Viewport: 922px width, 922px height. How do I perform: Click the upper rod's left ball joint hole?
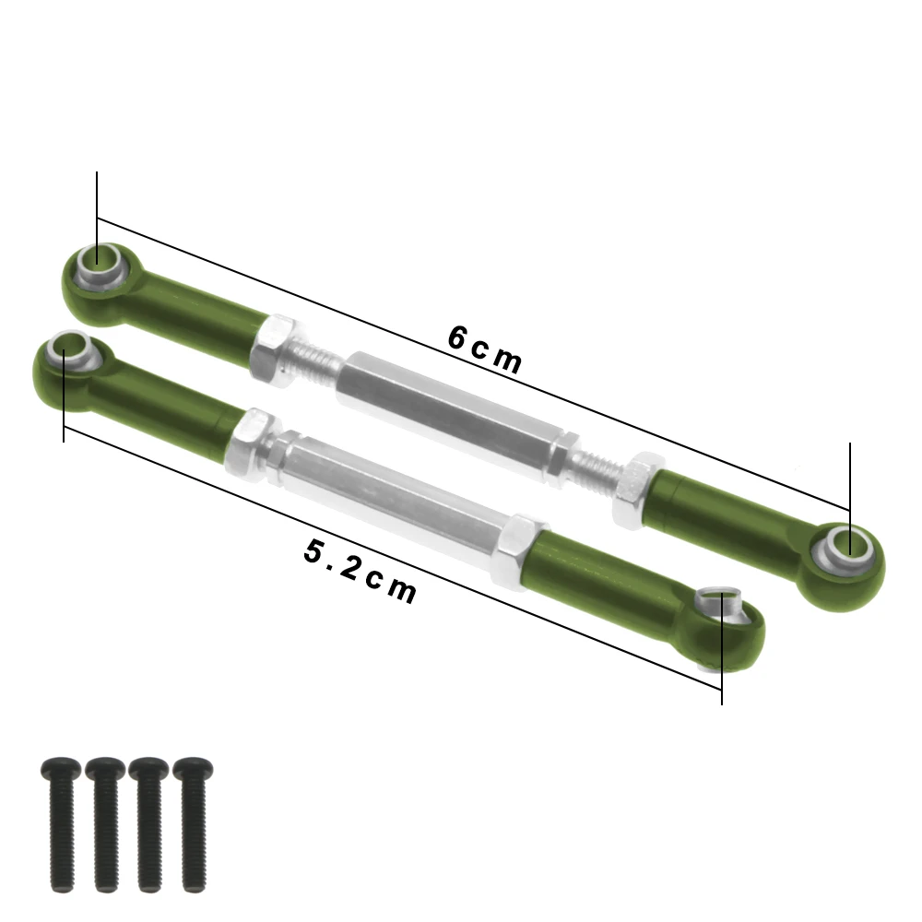tap(96, 262)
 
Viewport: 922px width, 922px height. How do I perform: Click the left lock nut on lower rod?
tap(251, 441)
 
